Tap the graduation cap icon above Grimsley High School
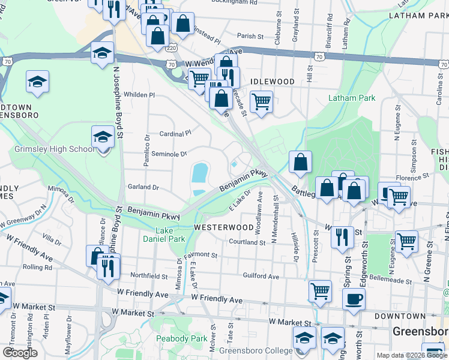coord(103,137)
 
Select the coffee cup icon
coord(354,298)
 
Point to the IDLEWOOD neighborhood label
coord(273,81)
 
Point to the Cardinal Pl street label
coord(175,133)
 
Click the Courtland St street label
coord(247,242)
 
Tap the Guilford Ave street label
coord(261,277)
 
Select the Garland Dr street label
coord(143,187)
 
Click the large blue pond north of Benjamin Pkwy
coord(199,173)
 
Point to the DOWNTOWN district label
coord(399,316)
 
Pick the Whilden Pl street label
coord(139,95)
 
